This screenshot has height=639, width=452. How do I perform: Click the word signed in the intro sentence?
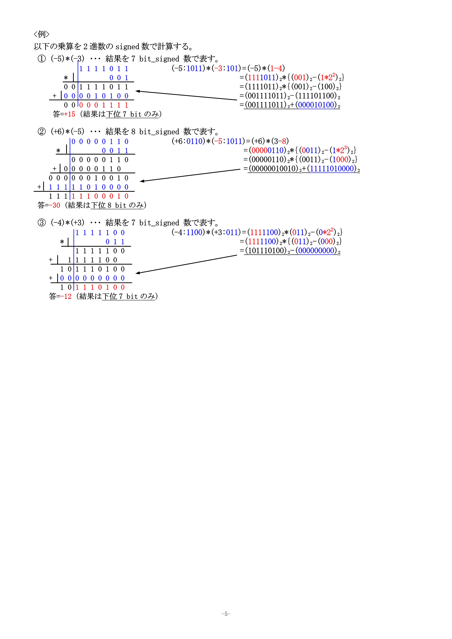point(127,46)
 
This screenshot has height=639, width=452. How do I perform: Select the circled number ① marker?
point(42,59)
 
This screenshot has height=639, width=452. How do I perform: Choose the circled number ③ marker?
point(42,223)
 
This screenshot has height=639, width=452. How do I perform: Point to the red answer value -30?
point(54,205)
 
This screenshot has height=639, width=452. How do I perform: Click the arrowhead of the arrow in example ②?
point(141,181)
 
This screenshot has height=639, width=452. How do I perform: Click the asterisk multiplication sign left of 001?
point(66,78)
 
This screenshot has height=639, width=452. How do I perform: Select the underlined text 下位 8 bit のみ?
point(117,205)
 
